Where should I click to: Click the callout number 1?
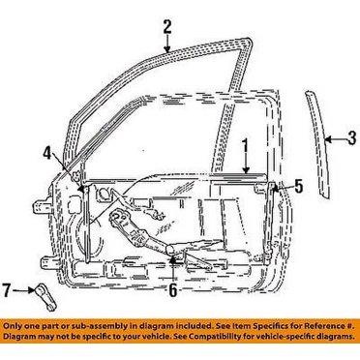(x=245, y=145)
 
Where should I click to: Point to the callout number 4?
(x=45, y=150)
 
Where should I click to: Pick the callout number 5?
(x=298, y=183)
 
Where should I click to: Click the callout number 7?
(x=7, y=289)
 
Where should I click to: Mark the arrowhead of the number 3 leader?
(x=326, y=139)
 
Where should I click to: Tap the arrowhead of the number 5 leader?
(x=283, y=183)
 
